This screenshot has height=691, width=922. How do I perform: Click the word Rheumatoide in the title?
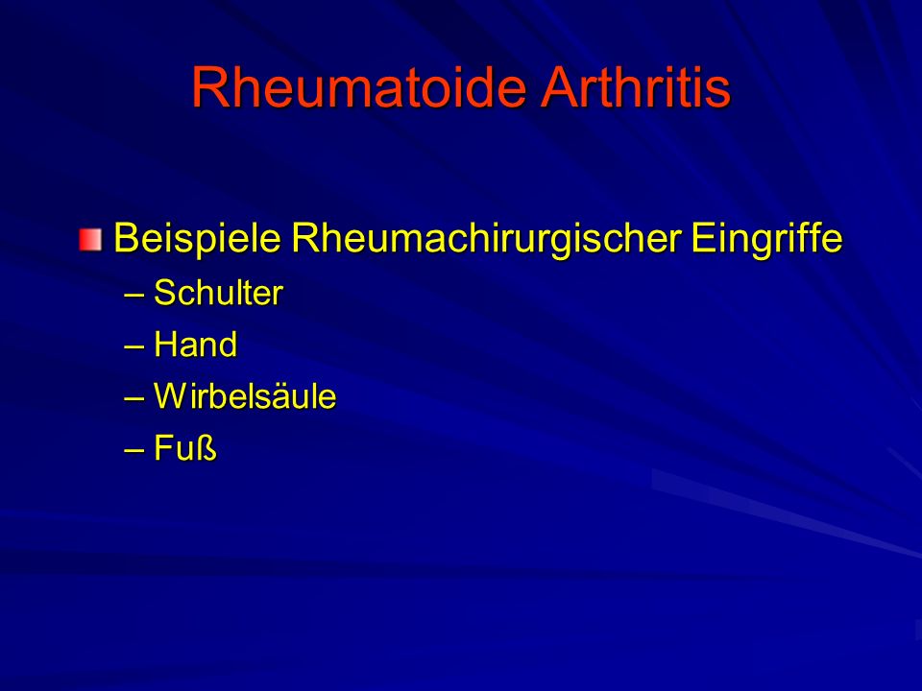pos(358,87)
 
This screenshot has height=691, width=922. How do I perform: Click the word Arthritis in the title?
pos(635,87)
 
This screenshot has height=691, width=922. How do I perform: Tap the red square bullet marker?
pos(90,240)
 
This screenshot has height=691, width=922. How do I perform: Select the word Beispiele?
pos(197,239)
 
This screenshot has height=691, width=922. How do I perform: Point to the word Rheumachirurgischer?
pos(487,239)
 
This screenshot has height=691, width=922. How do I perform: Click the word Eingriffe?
pos(766,239)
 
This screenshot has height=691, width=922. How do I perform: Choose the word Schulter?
pos(218,292)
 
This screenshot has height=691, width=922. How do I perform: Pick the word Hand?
pos(195,345)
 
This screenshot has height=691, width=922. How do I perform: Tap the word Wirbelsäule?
pos(245,396)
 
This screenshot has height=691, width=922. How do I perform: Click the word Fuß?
pos(185,448)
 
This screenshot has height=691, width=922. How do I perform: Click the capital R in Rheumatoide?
pos(210,87)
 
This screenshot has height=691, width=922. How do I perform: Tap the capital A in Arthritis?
pos(560,87)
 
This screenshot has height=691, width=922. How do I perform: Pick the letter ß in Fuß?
pos(206,448)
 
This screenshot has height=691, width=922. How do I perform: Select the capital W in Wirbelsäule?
pos(171,396)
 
